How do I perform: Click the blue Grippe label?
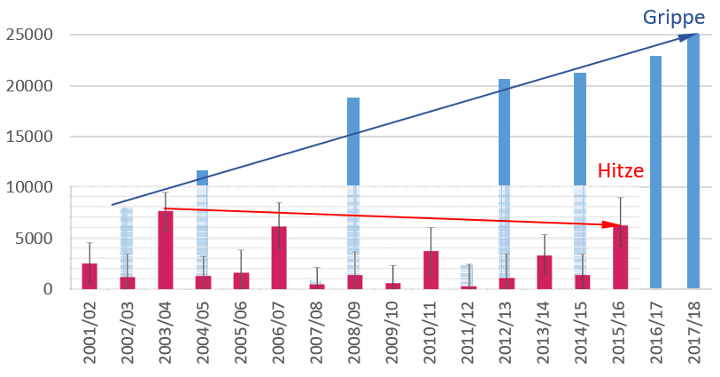tap(675, 18)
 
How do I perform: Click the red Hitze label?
tap(620, 171)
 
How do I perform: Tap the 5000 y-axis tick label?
tap(36, 239)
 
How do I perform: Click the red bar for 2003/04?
tap(166, 250)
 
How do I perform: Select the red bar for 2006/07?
tap(279, 257)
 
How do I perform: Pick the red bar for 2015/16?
tap(620, 257)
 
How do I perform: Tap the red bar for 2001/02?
tap(89, 276)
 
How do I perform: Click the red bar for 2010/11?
tap(430, 270)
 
